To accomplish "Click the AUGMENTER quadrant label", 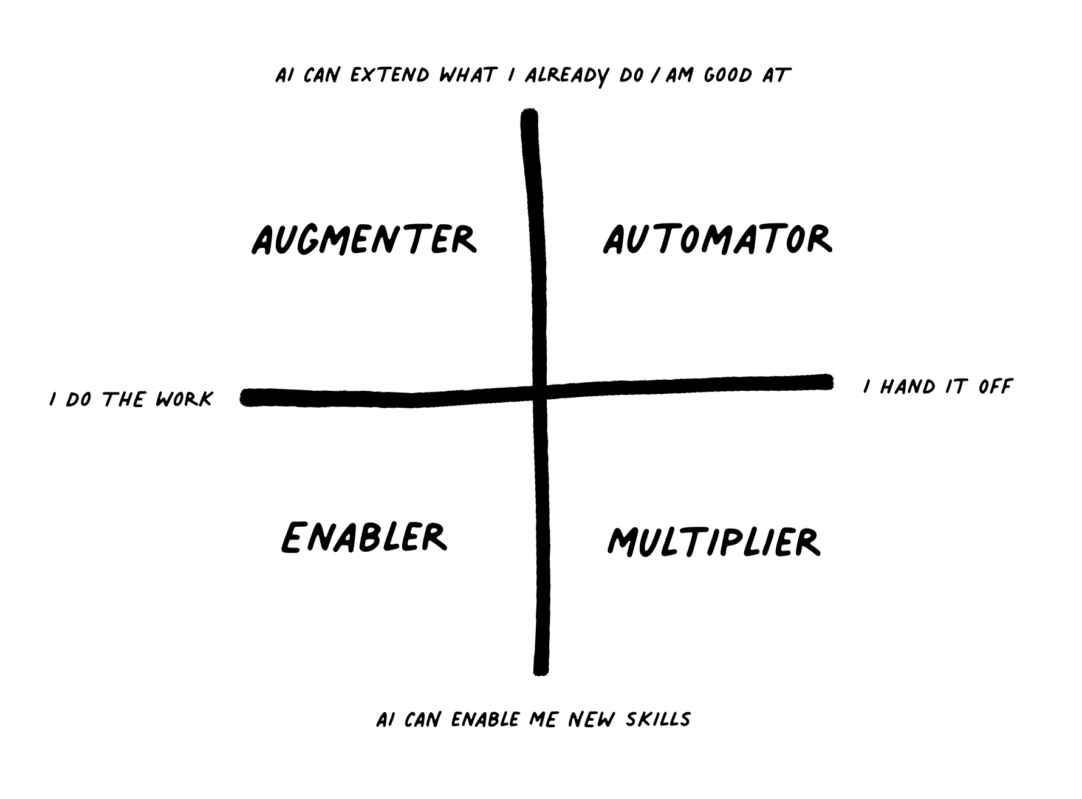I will (364, 239).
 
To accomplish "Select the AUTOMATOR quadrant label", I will (717, 239).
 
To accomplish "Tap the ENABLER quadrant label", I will (364, 537).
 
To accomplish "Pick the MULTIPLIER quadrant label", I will (714, 541).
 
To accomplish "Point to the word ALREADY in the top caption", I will (566, 77).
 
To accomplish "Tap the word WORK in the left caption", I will (184, 399).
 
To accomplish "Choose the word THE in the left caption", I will (124, 399).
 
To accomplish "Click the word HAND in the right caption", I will (908, 386).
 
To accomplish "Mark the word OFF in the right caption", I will (995, 386).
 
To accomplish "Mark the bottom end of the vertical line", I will (541, 670).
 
